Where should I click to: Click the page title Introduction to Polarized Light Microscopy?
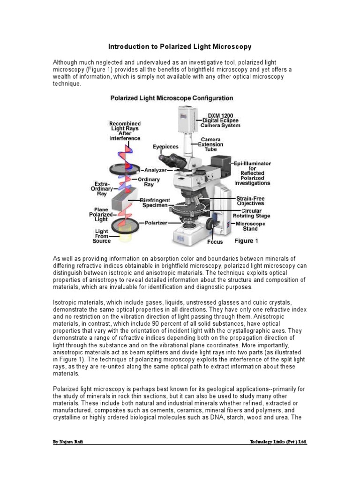tap(180, 47)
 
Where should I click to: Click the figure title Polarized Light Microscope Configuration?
tap(172, 98)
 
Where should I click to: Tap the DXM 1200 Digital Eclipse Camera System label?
tap(221, 120)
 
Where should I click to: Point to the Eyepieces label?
tap(166, 147)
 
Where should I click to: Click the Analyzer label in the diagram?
tap(156, 171)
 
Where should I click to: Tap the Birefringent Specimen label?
tap(156, 202)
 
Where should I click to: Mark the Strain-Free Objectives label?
tap(251, 201)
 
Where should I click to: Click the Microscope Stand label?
tap(250, 226)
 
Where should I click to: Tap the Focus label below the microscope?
tap(215, 242)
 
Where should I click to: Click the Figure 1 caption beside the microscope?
tap(246, 241)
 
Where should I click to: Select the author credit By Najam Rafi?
tap(69, 442)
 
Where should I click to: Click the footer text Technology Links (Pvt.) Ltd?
tap(279, 442)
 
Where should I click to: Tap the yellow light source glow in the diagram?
tap(126, 239)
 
